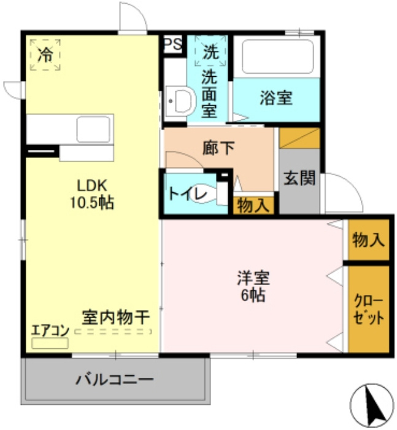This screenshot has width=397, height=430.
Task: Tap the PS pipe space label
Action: [172, 44]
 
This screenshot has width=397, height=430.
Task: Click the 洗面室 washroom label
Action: [210, 95]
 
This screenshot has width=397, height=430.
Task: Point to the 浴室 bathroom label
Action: [276, 98]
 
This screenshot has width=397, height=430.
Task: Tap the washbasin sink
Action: [180, 100]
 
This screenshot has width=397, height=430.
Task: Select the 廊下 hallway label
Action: [218, 148]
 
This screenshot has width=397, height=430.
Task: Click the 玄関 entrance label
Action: [299, 178]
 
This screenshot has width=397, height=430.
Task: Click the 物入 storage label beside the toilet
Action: [253, 206]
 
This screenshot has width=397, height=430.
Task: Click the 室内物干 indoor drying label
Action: [115, 318]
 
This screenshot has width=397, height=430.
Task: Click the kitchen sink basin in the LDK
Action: [94, 130]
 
